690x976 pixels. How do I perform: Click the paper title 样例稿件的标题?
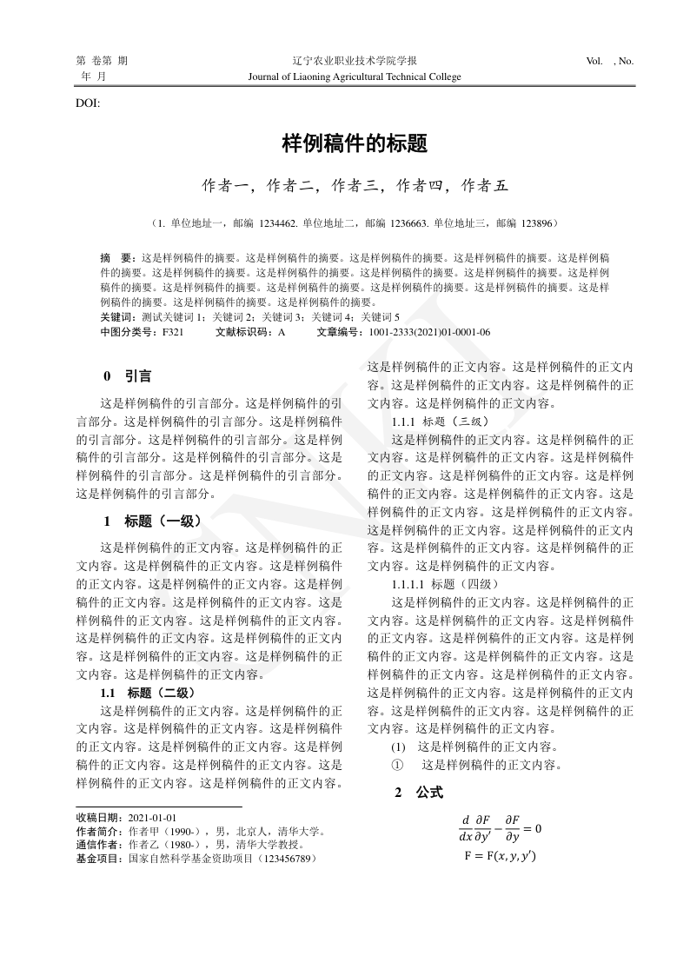(355, 143)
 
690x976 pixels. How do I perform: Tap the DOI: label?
(89, 103)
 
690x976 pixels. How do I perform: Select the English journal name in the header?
(355, 76)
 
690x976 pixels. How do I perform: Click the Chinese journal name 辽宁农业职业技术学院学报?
(355, 61)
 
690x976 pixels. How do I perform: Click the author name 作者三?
(355, 185)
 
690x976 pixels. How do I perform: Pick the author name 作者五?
(483, 185)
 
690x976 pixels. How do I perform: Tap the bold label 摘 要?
(116, 258)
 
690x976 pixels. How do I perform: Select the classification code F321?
(172, 332)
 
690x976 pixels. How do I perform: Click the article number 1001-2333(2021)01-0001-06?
(429, 332)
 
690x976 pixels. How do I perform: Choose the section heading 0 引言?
(127, 376)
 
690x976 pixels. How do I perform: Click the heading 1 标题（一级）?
(152, 521)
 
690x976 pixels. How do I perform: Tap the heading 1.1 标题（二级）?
(148, 693)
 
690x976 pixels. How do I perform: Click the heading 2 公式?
(418, 792)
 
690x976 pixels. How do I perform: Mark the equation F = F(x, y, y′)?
(500, 856)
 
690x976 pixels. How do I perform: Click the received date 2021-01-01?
(152, 818)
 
